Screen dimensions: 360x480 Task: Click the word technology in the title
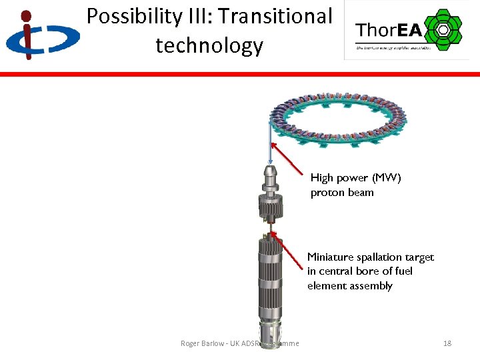[209, 45]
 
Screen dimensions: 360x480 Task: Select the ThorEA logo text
[388, 30]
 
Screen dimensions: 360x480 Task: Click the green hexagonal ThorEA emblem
[443, 29]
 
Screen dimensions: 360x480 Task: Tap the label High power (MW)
[356, 178]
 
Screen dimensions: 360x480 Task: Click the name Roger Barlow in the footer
[203, 343]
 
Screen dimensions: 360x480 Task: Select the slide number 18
[447, 343]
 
